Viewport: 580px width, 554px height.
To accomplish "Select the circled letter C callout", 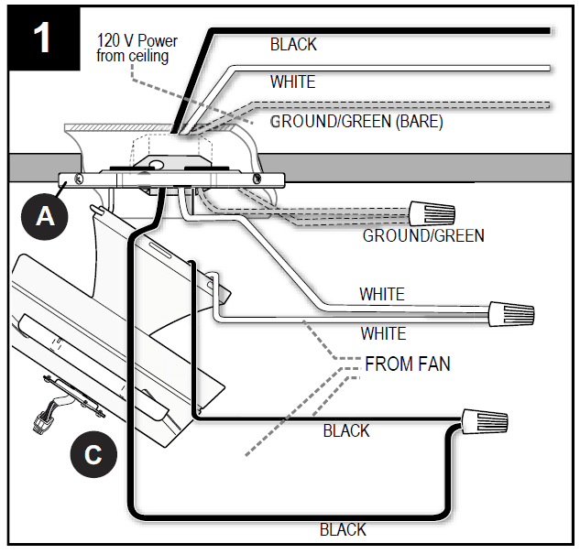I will (x=93, y=455).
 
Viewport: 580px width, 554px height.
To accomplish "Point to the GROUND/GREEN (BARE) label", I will (x=356, y=121).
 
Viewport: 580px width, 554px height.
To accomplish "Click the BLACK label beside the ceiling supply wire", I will (x=293, y=44).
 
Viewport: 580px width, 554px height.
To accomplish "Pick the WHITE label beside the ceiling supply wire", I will (x=292, y=81).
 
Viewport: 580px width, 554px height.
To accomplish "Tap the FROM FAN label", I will (x=407, y=364).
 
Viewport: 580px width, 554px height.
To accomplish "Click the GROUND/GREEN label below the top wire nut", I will (x=423, y=235).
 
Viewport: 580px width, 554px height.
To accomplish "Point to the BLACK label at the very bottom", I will (x=343, y=528).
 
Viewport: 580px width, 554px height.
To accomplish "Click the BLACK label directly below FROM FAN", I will (x=346, y=430).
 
